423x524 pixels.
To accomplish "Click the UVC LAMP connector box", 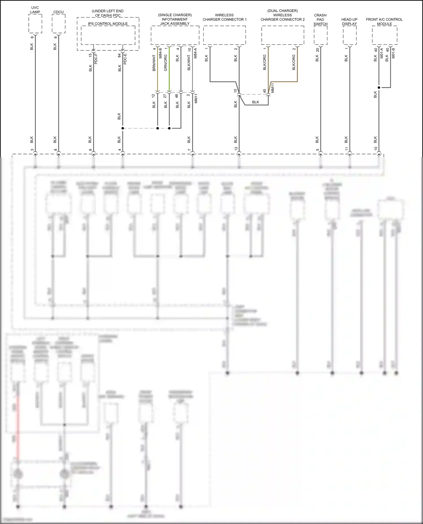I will tap(35, 24).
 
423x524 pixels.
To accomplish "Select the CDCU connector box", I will tap(58, 24).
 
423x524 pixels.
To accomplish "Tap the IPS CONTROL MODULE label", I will tap(108, 24).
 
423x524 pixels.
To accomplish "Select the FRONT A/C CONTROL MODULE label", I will tap(384, 21).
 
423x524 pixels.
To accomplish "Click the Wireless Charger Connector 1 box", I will tap(224, 35).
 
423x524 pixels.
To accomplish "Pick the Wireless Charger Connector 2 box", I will tap(283, 35).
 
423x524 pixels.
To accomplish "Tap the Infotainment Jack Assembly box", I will tap(175, 35).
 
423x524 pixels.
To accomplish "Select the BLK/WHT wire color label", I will tap(189, 63).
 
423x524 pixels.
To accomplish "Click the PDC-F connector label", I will tap(96, 59).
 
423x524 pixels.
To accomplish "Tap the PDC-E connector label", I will tap(125, 59).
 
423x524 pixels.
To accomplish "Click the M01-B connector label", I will tap(393, 53).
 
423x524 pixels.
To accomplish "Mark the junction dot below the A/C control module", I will tap(379, 88).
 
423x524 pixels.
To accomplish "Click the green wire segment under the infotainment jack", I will tap(169, 70).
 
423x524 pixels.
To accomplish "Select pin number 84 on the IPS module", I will tap(119, 55).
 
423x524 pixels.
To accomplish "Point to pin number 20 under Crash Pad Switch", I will tap(317, 50).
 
